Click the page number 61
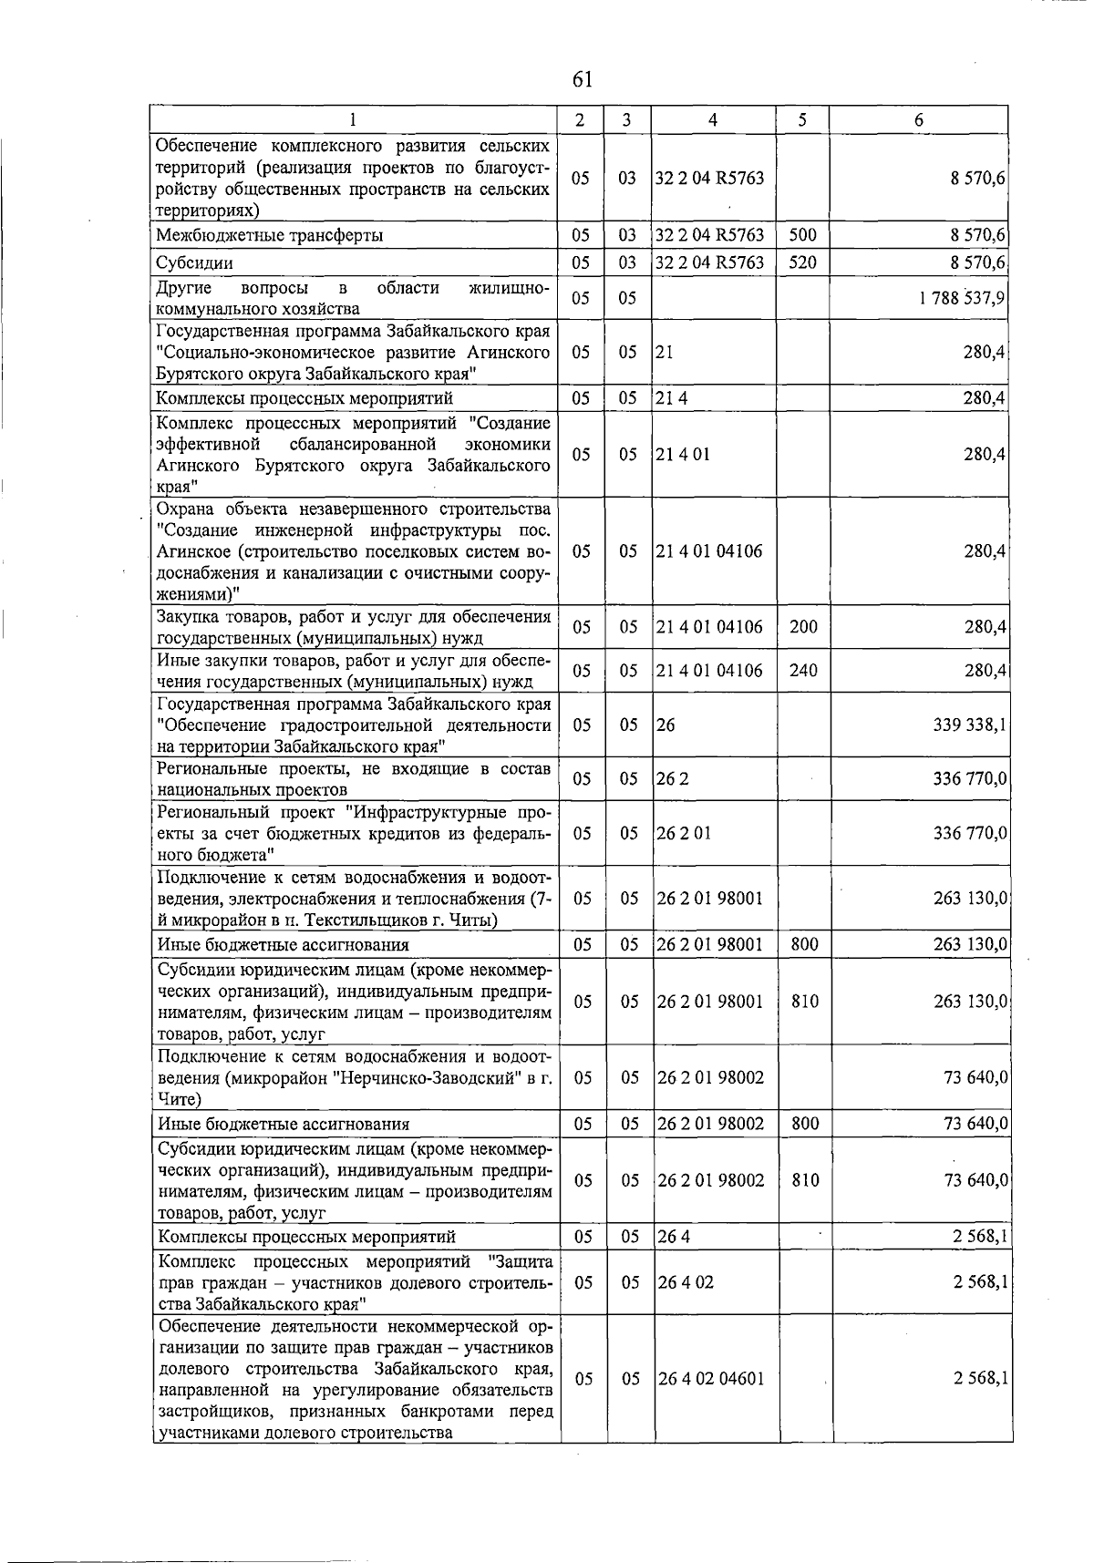coord(583,79)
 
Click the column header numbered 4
coord(712,120)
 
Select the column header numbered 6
coord(919,120)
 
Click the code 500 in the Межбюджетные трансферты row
coord(802,235)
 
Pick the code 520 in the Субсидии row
coord(802,263)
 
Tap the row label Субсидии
coord(194,263)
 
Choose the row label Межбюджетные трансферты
coord(269,235)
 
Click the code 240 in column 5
coord(803,671)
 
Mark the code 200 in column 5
coord(803,627)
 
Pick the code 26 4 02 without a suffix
coord(686,1282)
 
